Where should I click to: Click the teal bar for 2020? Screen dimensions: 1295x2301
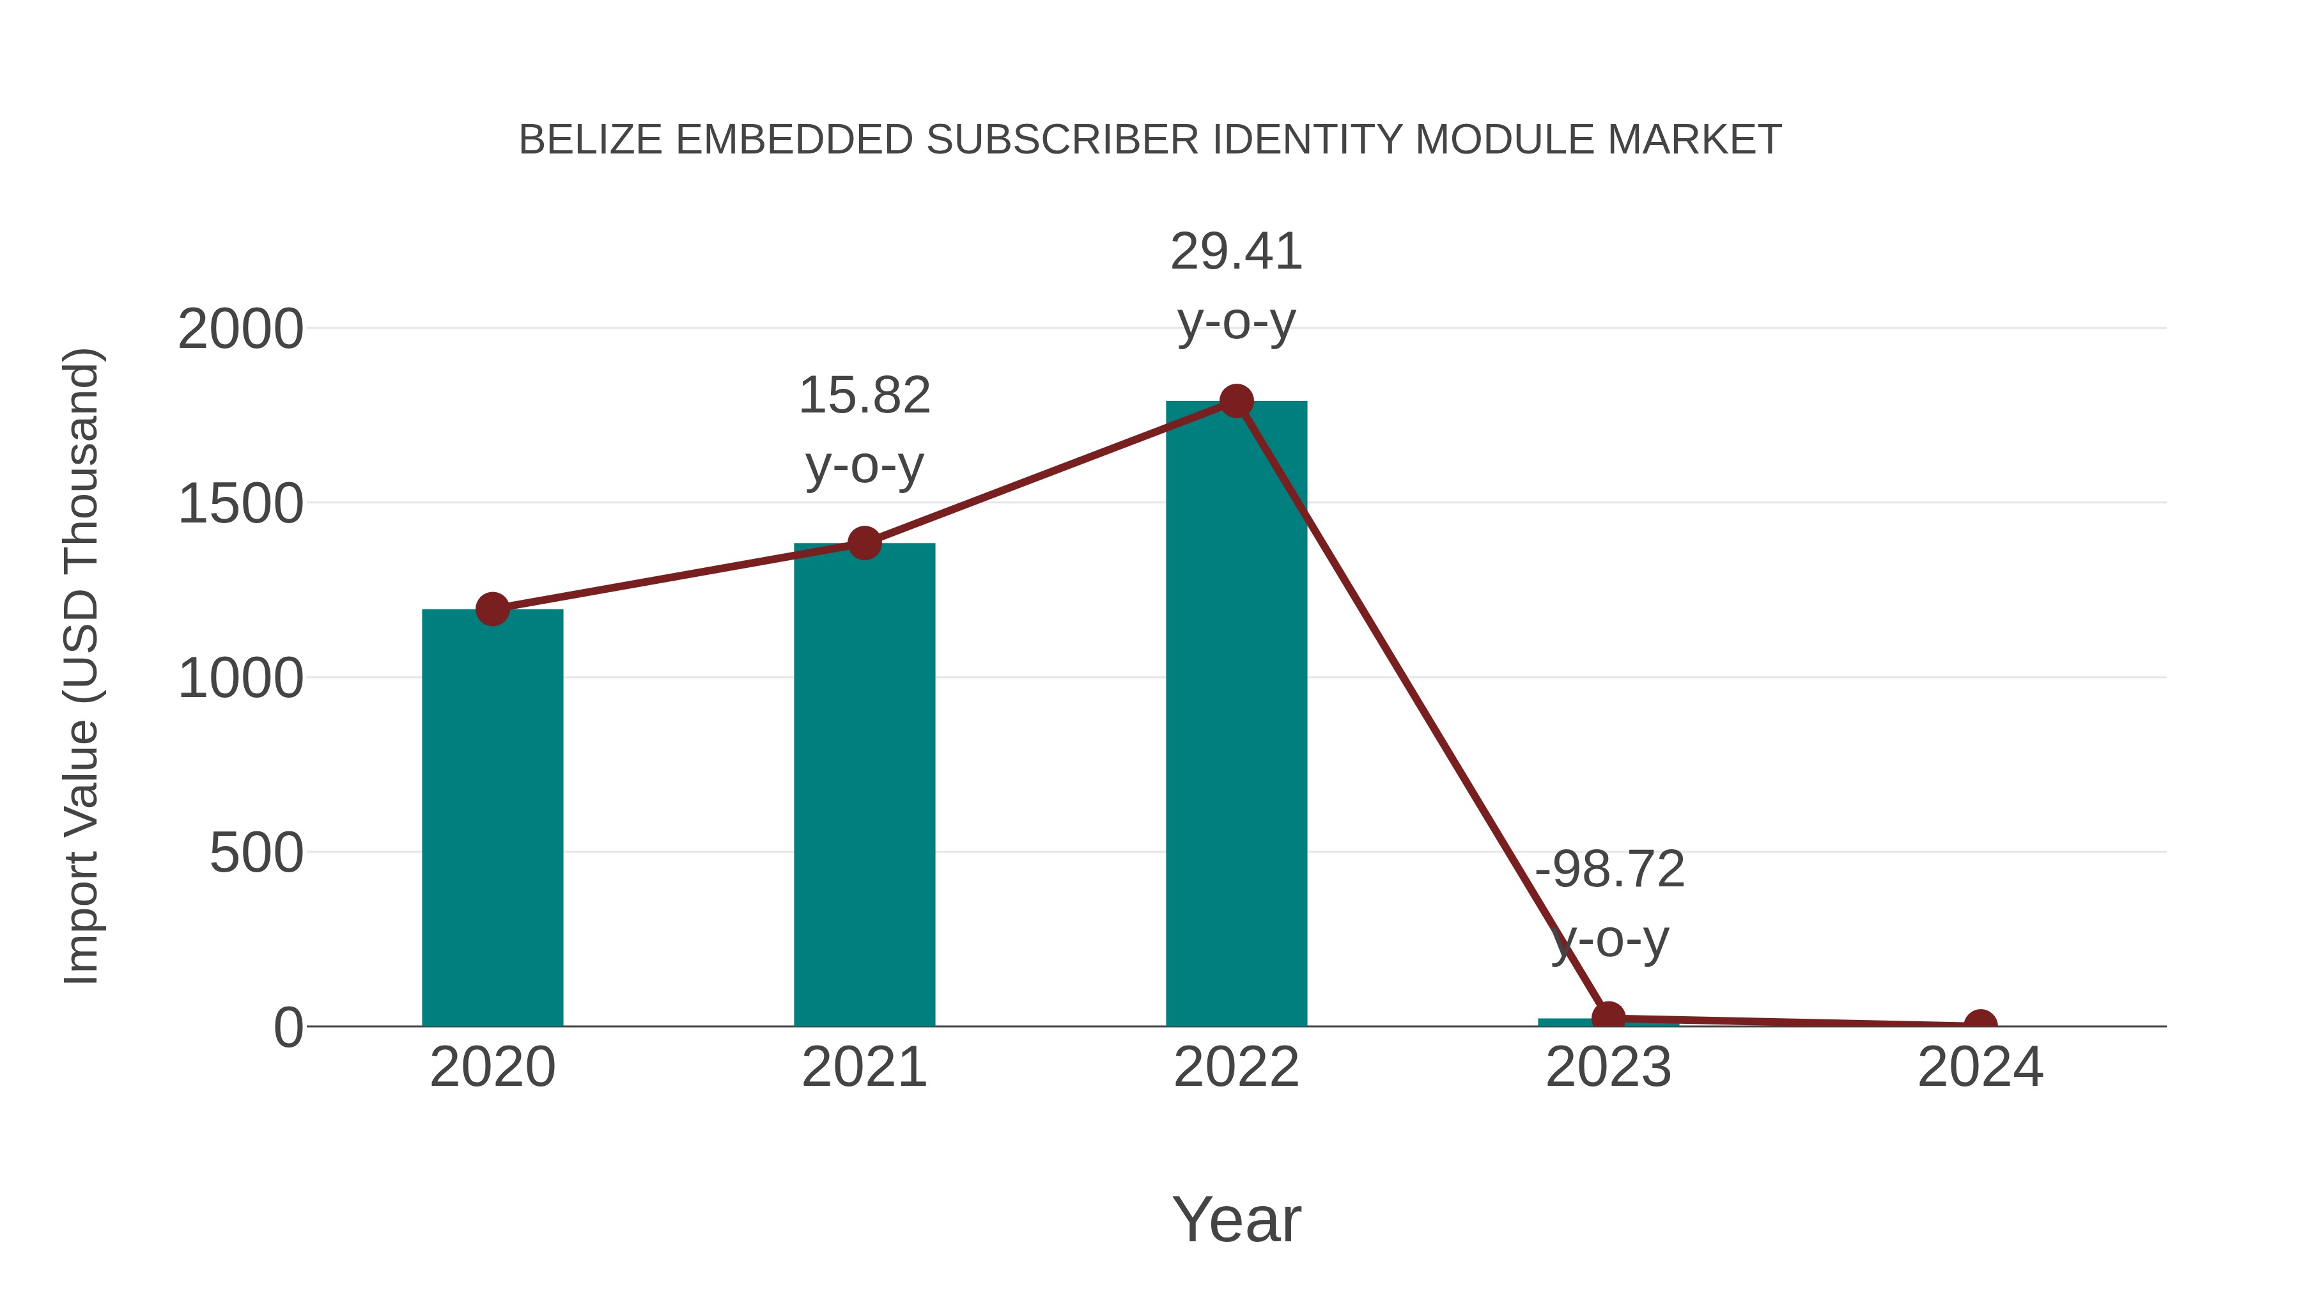point(492,818)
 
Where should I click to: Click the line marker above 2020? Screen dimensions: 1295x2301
point(492,609)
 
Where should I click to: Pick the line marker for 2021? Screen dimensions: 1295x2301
point(864,542)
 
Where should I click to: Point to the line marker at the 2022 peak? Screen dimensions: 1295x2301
point(1236,401)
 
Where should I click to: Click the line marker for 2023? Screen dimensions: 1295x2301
point(1608,1017)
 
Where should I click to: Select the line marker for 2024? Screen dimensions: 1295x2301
point(1980,1024)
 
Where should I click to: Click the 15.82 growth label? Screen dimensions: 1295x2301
point(864,395)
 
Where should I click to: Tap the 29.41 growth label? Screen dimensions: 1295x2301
point(1236,251)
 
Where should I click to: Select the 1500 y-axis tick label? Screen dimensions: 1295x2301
point(241,504)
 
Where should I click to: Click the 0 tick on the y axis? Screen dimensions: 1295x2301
point(288,1028)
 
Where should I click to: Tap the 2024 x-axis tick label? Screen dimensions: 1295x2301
point(1980,1067)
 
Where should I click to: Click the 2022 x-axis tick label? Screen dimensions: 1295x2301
point(1236,1067)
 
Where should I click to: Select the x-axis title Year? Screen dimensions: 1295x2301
point(1236,1219)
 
